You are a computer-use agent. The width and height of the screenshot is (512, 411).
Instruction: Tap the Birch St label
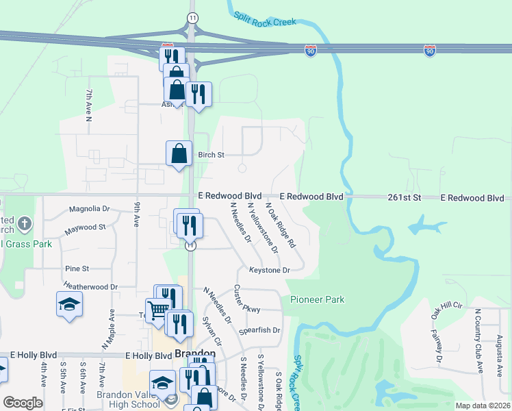[211, 155]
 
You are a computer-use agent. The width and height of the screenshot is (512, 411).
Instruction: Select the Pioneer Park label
[317, 299]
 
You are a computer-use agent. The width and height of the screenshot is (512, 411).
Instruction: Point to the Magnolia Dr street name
[89, 209]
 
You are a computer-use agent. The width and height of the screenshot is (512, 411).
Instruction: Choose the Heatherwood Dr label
[90, 286]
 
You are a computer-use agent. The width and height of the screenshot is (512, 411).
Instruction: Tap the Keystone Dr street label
[269, 270]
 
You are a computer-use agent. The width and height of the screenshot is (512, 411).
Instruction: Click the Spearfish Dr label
[260, 330]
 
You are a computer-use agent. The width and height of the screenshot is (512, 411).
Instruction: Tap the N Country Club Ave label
[478, 341]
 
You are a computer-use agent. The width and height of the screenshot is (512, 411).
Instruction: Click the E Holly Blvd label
[149, 356]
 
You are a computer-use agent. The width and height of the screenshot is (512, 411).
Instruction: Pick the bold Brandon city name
[195, 354]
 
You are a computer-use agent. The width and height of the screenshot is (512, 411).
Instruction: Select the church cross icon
[24, 224]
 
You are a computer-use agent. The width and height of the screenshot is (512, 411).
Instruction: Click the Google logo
[23, 402]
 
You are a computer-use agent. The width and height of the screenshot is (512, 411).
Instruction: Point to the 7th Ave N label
[88, 105]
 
